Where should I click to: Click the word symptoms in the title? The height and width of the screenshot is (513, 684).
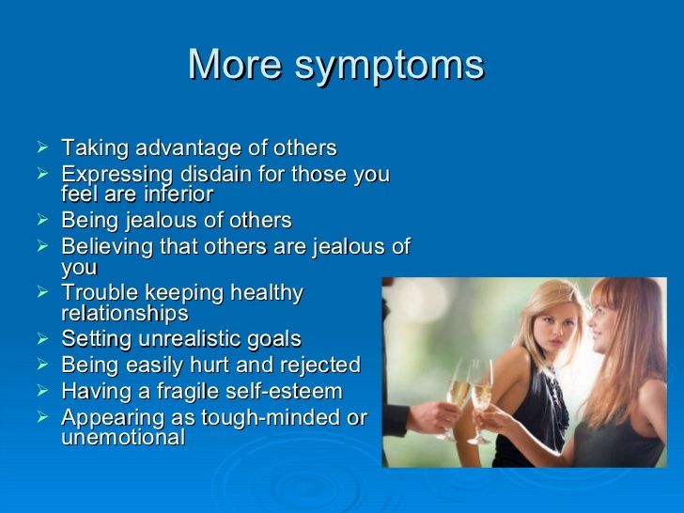pos(389,67)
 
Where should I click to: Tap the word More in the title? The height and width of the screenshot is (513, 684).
pos(235,64)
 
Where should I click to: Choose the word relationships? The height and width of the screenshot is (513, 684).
pos(125,313)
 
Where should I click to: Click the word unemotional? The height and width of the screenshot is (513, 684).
pos(123,437)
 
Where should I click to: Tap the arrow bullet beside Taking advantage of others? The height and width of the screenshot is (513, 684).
pos(42,147)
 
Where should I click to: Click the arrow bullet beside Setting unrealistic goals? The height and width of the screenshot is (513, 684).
pos(42,338)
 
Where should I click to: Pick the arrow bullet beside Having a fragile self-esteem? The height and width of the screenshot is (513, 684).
pos(42,391)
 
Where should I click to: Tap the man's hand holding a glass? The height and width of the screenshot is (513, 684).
pos(432,417)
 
